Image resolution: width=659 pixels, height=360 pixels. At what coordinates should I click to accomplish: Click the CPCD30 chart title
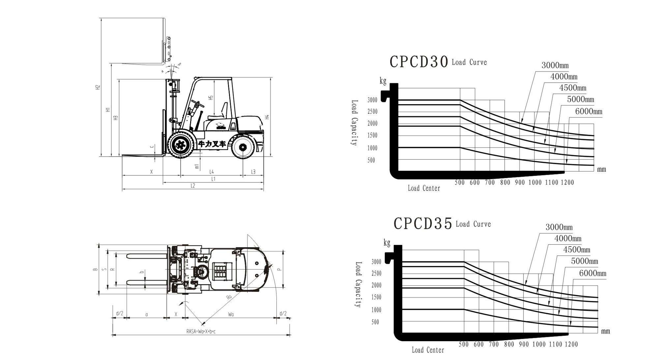pos(419,62)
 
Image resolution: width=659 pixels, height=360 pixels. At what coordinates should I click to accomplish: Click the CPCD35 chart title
pos(423,224)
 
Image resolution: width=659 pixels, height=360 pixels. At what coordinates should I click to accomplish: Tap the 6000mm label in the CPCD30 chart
pos(588,111)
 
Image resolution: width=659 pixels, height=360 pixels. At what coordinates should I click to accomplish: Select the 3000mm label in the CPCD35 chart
pos(559,227)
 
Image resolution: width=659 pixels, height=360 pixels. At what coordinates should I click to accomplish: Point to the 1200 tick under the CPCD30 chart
pos(567,182)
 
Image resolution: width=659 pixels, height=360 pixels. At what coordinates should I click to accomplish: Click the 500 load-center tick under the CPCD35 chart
pos(464,344)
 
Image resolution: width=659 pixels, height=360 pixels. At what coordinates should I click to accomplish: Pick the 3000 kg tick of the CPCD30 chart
pos(372,100)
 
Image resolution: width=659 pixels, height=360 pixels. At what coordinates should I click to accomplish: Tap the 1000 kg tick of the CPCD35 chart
pos(376,310)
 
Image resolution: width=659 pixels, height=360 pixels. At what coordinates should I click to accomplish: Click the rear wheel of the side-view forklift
pos(243,147)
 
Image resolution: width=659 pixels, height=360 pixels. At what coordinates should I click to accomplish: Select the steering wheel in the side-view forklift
pos(197,104)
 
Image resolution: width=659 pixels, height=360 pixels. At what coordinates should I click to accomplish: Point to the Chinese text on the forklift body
pos(212,144)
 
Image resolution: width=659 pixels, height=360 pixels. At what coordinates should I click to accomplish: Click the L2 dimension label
pos(193,186)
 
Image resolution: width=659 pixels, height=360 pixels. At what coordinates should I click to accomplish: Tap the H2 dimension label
pos(98,87)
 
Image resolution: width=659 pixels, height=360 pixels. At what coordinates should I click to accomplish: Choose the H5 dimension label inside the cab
pos(211,98)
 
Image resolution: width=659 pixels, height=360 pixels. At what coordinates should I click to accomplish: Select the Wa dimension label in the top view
pos(231,315)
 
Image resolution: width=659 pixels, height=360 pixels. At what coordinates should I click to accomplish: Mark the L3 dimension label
pos(253,172)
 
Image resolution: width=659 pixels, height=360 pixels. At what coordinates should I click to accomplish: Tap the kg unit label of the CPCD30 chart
pos(383,81)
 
